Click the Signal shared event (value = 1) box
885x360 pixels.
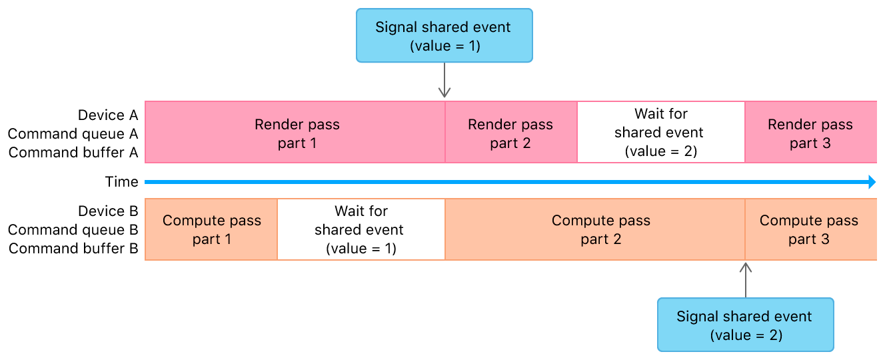(x=444, y=35)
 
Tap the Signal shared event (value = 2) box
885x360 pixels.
(x=746, y=325)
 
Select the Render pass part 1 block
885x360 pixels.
(x=295, y=132)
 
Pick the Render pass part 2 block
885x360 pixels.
(x=511, y=132)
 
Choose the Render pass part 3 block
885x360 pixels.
(x=811, y=132)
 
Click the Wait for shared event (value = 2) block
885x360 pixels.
(x=661, y=132)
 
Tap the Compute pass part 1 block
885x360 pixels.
(x=211, y=229)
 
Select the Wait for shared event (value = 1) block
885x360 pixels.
(x=361, y=229)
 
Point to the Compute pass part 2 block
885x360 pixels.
(x=595, y=229)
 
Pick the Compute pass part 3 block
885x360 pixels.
(x=811, y=229)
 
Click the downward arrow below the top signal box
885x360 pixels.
(x=444, y=80)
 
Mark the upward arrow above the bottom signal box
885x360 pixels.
(x=746, y=280)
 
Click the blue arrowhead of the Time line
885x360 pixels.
(x=872, y=182)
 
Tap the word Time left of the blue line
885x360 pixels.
(x=122, y=182)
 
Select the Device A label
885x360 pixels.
(x=108, y=115)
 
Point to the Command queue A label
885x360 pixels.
(x=73, y=134)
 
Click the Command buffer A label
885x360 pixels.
(x=73, y=153)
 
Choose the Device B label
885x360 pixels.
(x=108, y=211)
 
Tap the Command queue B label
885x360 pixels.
(x=73, y=230)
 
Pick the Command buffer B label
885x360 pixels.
(x=73, y=249)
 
